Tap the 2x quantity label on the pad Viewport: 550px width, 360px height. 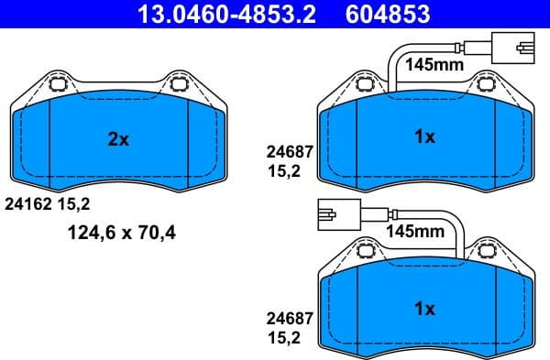coord(118,139)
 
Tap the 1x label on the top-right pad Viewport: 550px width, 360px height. coord(423,136)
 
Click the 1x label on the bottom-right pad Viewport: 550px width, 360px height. coord(423,309)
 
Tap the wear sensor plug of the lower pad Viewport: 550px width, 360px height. coord(331,214)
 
